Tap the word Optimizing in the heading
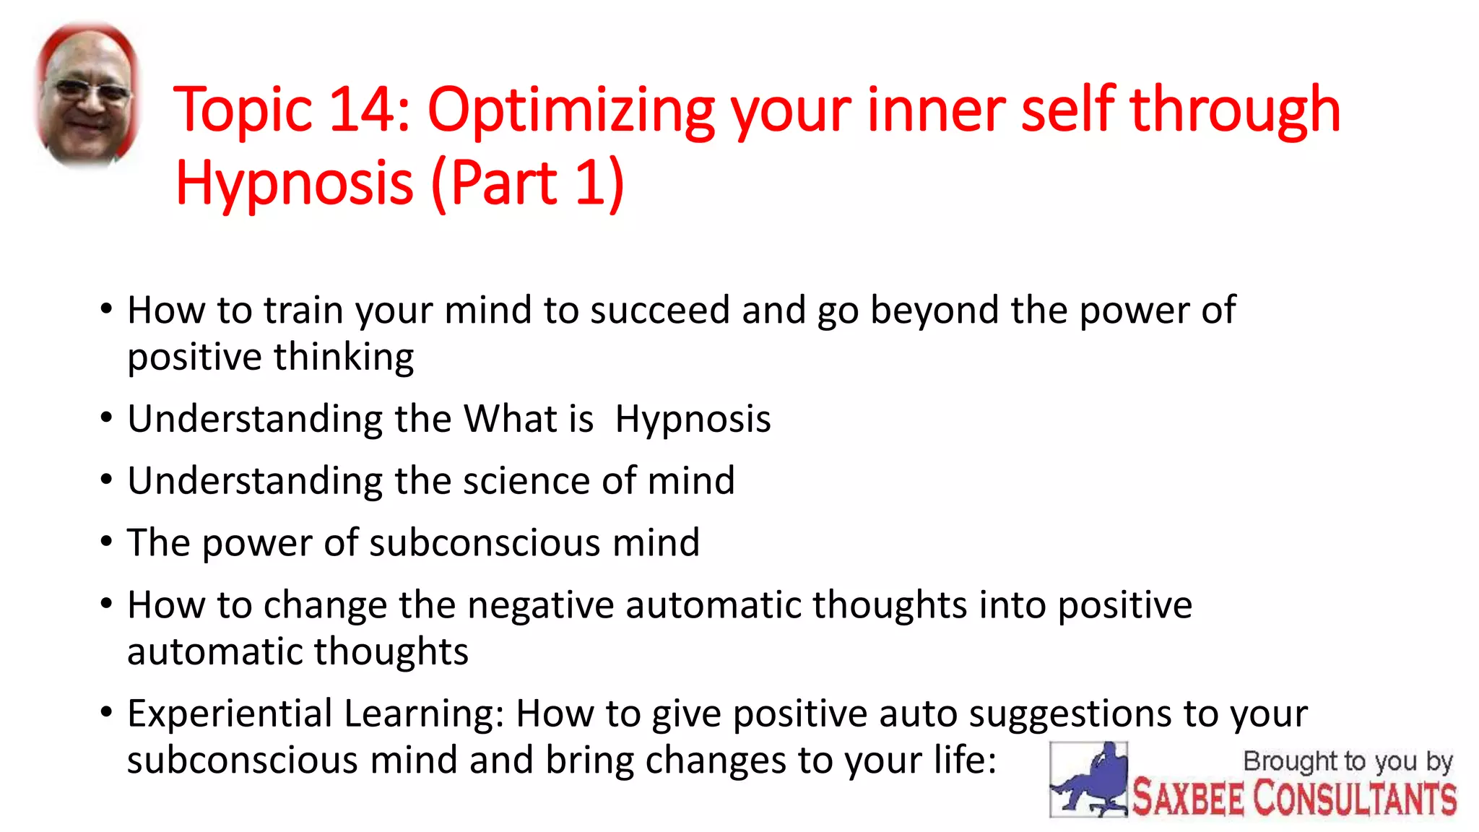click(571, 112)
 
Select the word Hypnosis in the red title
click(295, 184)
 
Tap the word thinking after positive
click(343, 357)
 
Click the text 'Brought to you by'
click(1347, 762)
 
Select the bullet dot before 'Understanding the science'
click(107, 480)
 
